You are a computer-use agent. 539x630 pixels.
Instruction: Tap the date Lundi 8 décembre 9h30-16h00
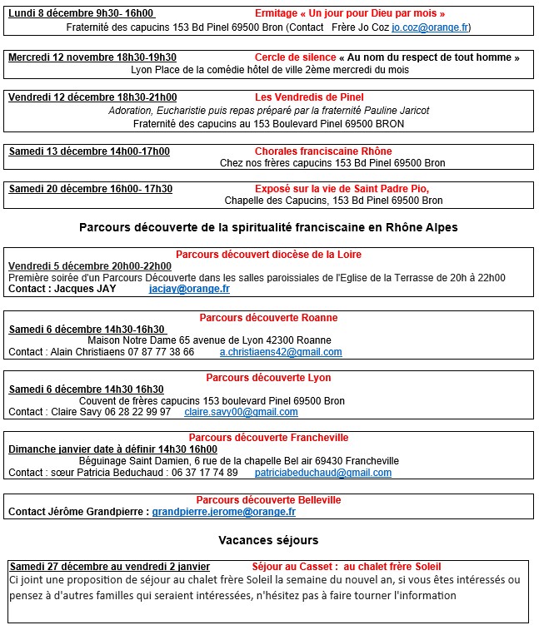click(x=82, y=13)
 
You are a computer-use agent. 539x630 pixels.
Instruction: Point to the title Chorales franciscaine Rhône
click(x=323, y=151)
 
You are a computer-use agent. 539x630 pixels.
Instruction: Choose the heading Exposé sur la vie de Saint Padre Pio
click(x=342, y=189)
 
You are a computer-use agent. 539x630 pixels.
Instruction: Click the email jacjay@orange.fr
click(x=189, y=289)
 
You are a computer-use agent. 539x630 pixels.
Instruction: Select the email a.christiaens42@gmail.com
click(x=281, y=352)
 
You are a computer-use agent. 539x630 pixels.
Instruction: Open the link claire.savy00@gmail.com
click(x=241, y=412)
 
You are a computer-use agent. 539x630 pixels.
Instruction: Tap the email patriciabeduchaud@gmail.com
click(x=322, y=473)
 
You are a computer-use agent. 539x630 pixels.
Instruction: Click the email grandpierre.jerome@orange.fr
click(x=223, y=512)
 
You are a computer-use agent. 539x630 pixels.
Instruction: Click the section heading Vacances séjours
click(x=268, y=540)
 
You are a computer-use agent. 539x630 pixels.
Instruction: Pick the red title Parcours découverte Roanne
click(x=268, y=318)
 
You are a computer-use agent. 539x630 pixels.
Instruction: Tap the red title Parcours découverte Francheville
click(x=268, y=438)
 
